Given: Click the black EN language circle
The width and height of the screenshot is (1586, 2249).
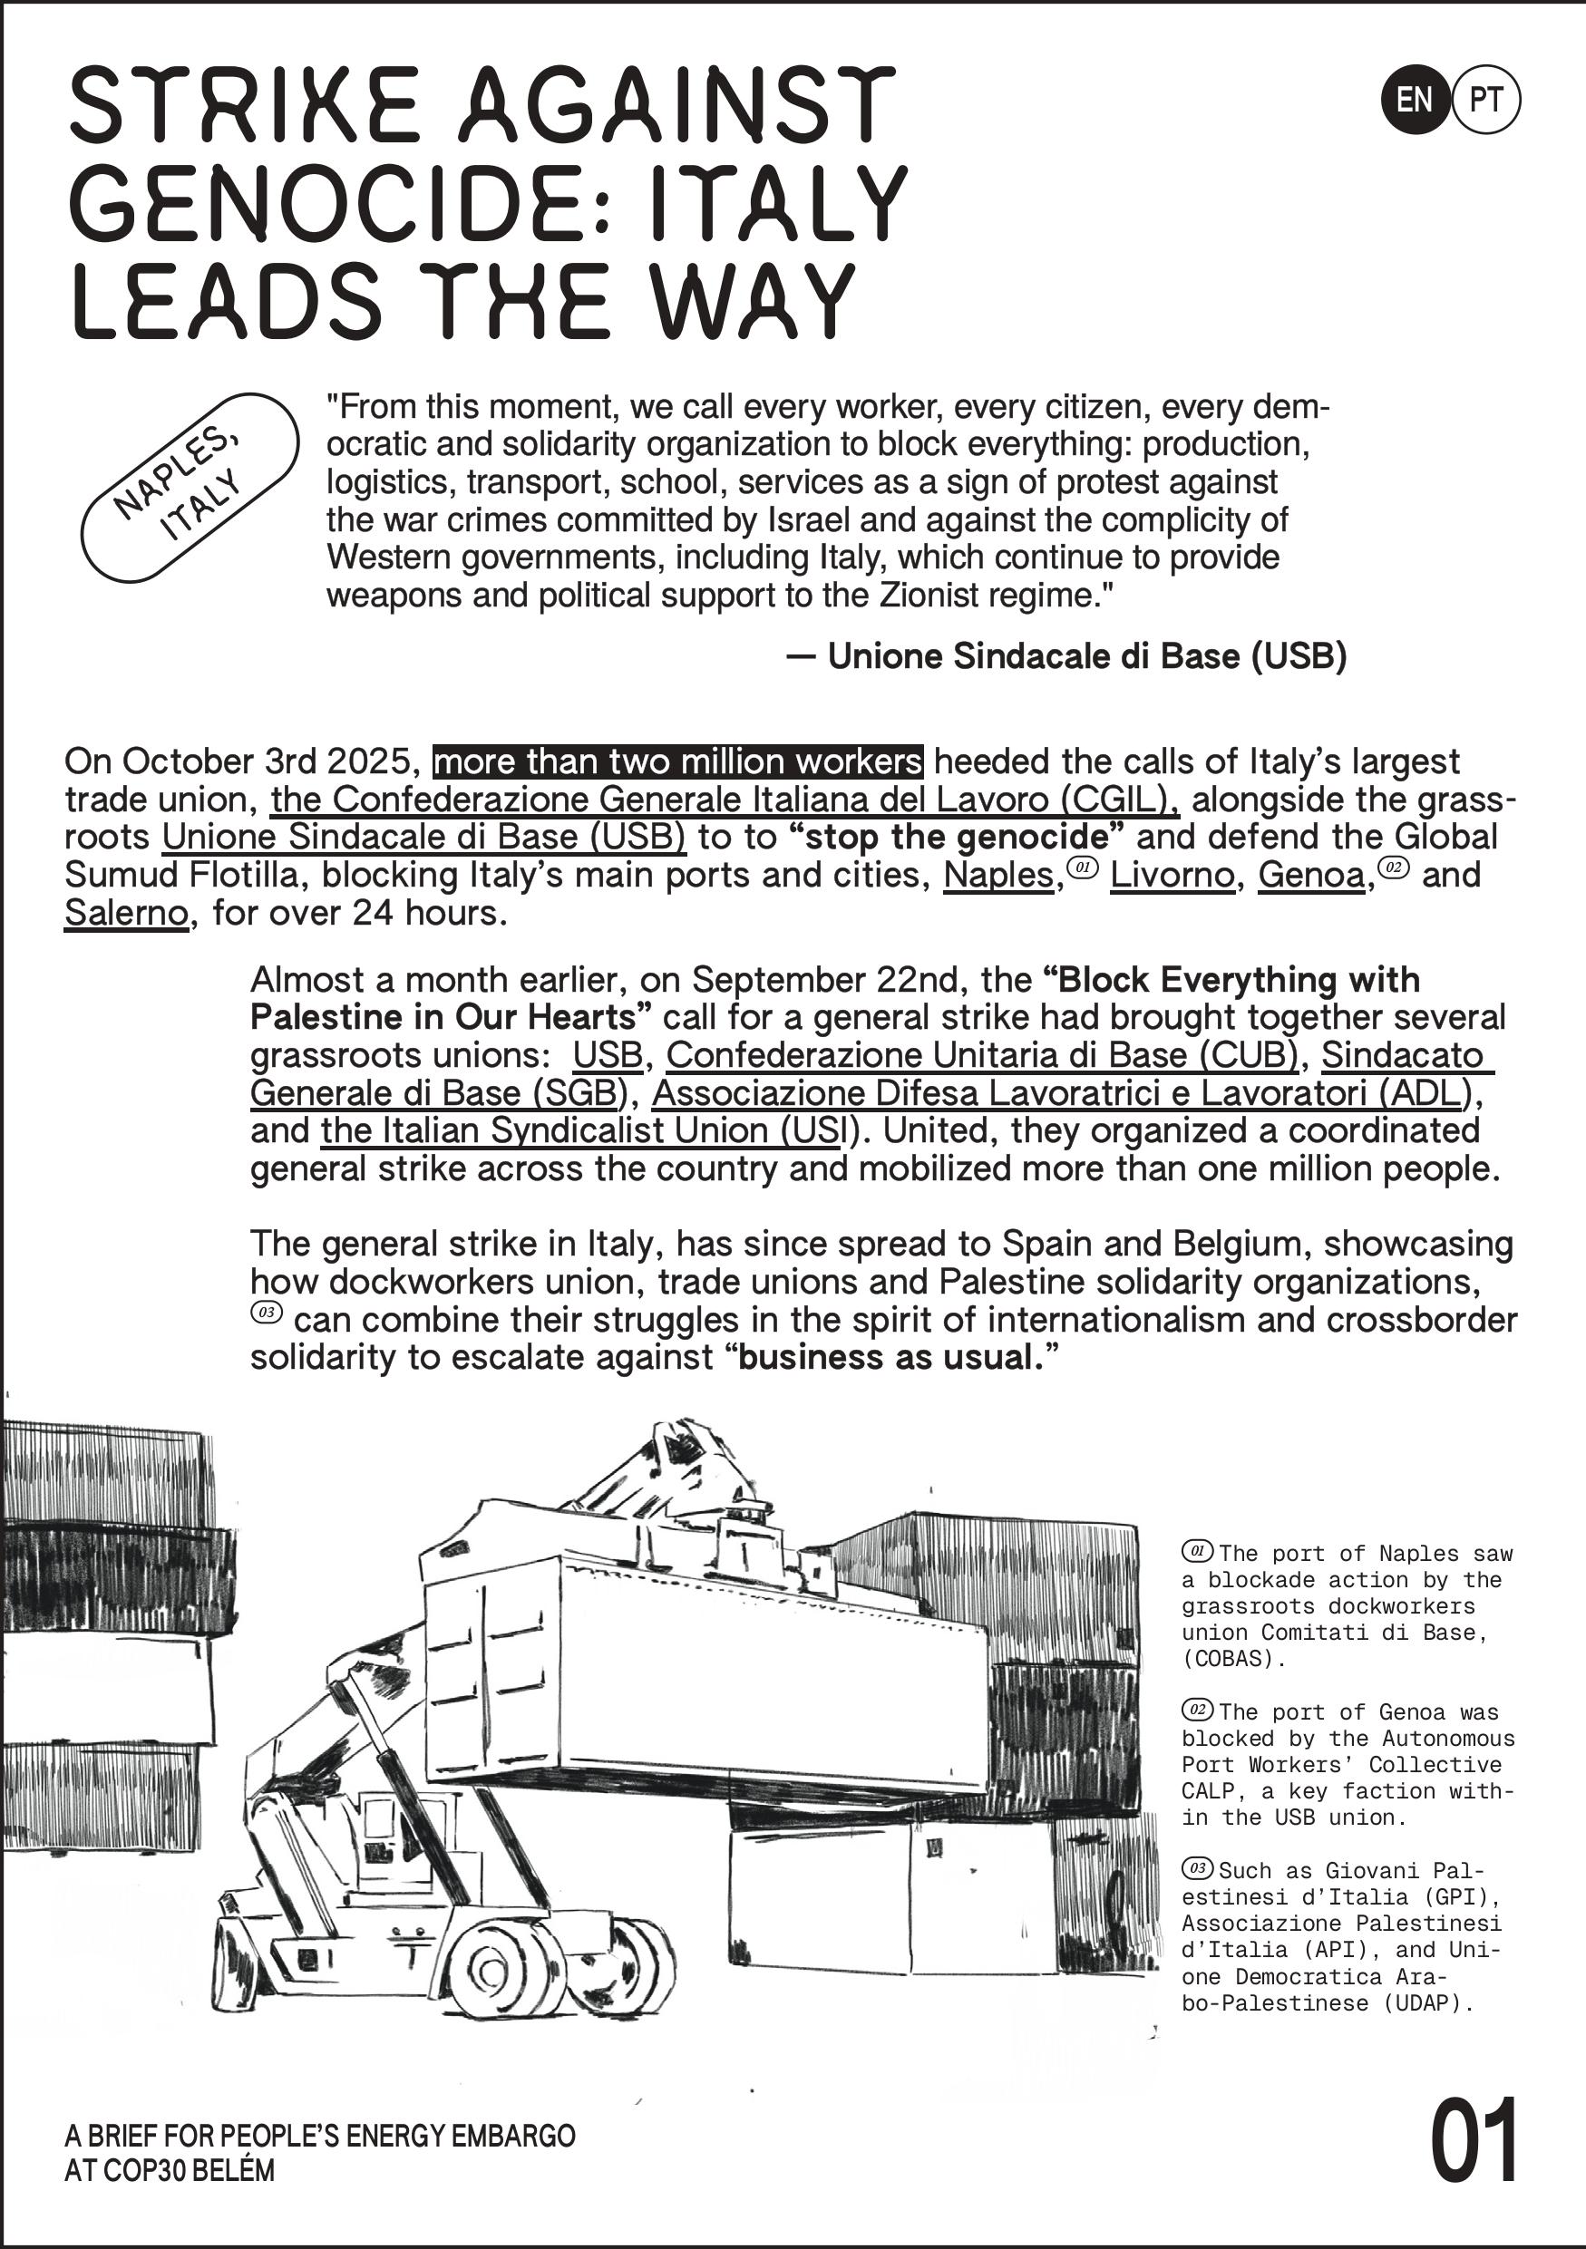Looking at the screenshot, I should (1414, 99).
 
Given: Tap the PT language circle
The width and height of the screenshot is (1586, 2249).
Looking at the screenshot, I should (1486, 99).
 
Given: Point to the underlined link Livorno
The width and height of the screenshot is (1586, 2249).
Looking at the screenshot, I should (1172, 875).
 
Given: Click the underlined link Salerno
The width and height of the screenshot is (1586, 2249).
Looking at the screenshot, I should (125, 913).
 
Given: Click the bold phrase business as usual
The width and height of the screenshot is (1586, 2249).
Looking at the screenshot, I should (893, 1358).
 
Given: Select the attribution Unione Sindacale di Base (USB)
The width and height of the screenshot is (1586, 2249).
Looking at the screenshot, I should (1086, 656).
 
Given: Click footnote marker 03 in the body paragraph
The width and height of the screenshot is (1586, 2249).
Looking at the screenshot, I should (267, 1314).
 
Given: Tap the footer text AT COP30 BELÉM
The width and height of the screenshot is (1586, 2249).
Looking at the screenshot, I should (170, 2171).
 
